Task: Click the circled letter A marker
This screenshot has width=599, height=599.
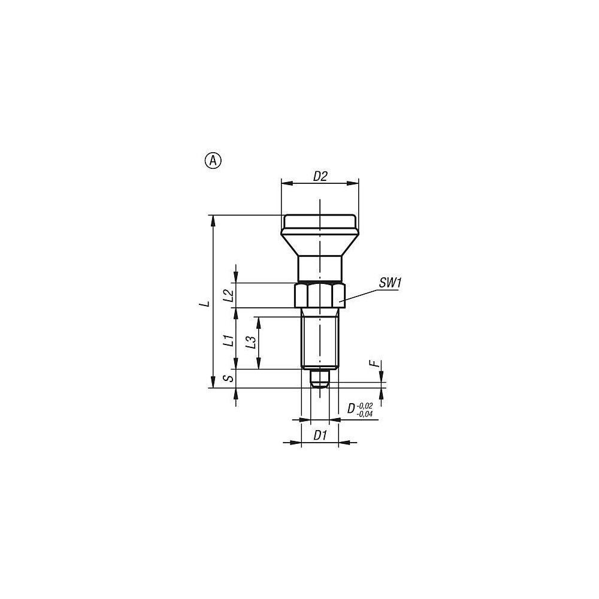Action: tap(214, 161)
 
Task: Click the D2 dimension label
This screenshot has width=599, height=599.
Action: tap(320, 177)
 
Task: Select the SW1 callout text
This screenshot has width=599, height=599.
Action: tap(390, 283)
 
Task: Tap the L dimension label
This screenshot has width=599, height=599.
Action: tap(206, 304)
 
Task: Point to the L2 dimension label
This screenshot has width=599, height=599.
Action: tap(228, 296)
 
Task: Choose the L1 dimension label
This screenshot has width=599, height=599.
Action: tap(228, 340)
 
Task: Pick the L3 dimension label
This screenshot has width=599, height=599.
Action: tap(250, 342)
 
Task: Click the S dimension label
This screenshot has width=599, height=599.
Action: tap(228, 378)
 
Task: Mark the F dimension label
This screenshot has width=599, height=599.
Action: tap(377, 364)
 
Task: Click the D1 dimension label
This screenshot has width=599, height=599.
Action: tap(320, 435)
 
